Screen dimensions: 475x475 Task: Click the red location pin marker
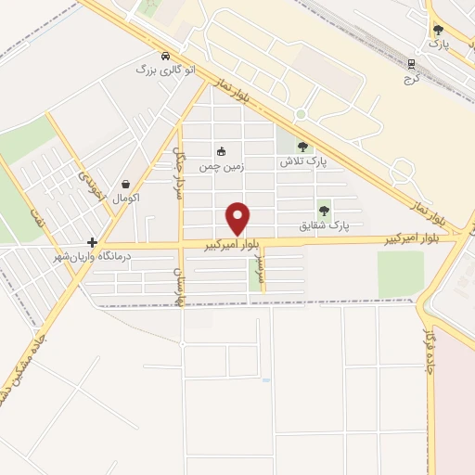(x=239, y=218)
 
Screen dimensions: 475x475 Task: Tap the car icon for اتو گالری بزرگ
(x=165, y=56)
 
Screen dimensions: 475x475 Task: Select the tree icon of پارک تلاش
(x=302, y=146)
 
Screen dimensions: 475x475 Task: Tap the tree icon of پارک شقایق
(x=324, y=211)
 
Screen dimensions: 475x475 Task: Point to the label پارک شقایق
(x=324, y=225)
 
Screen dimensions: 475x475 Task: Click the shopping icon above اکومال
(x=124, y=184)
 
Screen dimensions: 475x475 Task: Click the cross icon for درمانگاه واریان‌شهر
(x=92, y=242)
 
